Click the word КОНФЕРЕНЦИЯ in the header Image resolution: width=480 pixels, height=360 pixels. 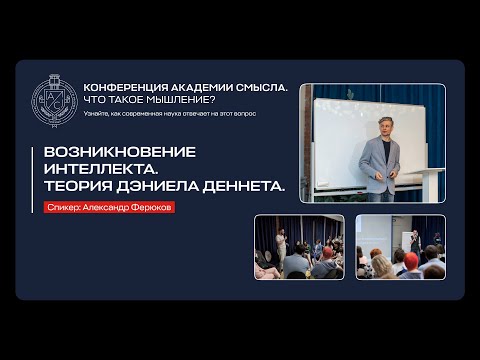point(125,88)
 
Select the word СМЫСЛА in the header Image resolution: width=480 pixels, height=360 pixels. point(263,88)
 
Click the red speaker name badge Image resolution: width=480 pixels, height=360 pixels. point(109,208)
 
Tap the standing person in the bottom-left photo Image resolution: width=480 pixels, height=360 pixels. point(282,240)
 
